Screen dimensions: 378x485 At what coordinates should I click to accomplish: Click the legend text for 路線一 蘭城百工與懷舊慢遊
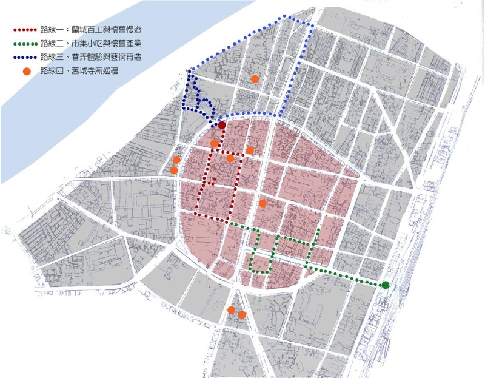98,29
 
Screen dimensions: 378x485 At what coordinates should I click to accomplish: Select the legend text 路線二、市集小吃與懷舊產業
98,44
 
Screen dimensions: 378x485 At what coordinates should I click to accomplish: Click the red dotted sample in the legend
26,29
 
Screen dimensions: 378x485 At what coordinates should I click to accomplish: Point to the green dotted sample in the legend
26,44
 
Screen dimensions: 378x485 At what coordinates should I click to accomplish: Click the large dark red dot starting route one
222,125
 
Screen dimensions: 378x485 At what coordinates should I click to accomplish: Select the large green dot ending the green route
386,285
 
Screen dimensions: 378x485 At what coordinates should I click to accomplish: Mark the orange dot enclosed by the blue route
255,79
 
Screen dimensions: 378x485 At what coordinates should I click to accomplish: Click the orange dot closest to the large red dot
214,143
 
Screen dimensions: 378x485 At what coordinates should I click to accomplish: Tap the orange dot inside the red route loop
230,158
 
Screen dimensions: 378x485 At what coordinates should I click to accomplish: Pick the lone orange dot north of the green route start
263,203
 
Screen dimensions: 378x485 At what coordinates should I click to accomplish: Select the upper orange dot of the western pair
176,160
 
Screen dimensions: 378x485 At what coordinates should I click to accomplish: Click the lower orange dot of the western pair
174,170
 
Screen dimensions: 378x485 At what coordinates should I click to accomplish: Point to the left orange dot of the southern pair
231,310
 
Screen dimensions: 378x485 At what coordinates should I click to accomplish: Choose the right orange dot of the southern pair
242,315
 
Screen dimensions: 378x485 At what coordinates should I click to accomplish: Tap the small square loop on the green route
260,264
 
